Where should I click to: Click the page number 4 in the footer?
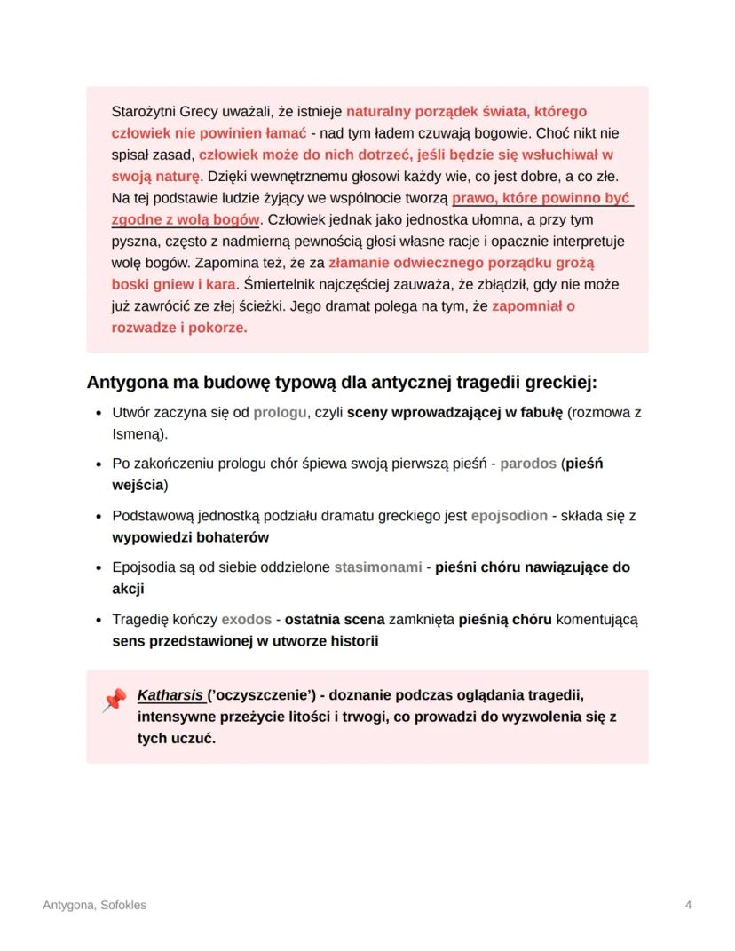689,905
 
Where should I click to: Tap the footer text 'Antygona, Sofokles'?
95,905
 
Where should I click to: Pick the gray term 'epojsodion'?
509,515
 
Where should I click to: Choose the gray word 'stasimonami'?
378,567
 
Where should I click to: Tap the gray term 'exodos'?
246,618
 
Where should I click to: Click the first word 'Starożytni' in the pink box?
144,113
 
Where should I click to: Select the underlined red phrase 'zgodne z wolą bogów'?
186,218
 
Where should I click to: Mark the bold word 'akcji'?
128,589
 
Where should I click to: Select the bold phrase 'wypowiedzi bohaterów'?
190,537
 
